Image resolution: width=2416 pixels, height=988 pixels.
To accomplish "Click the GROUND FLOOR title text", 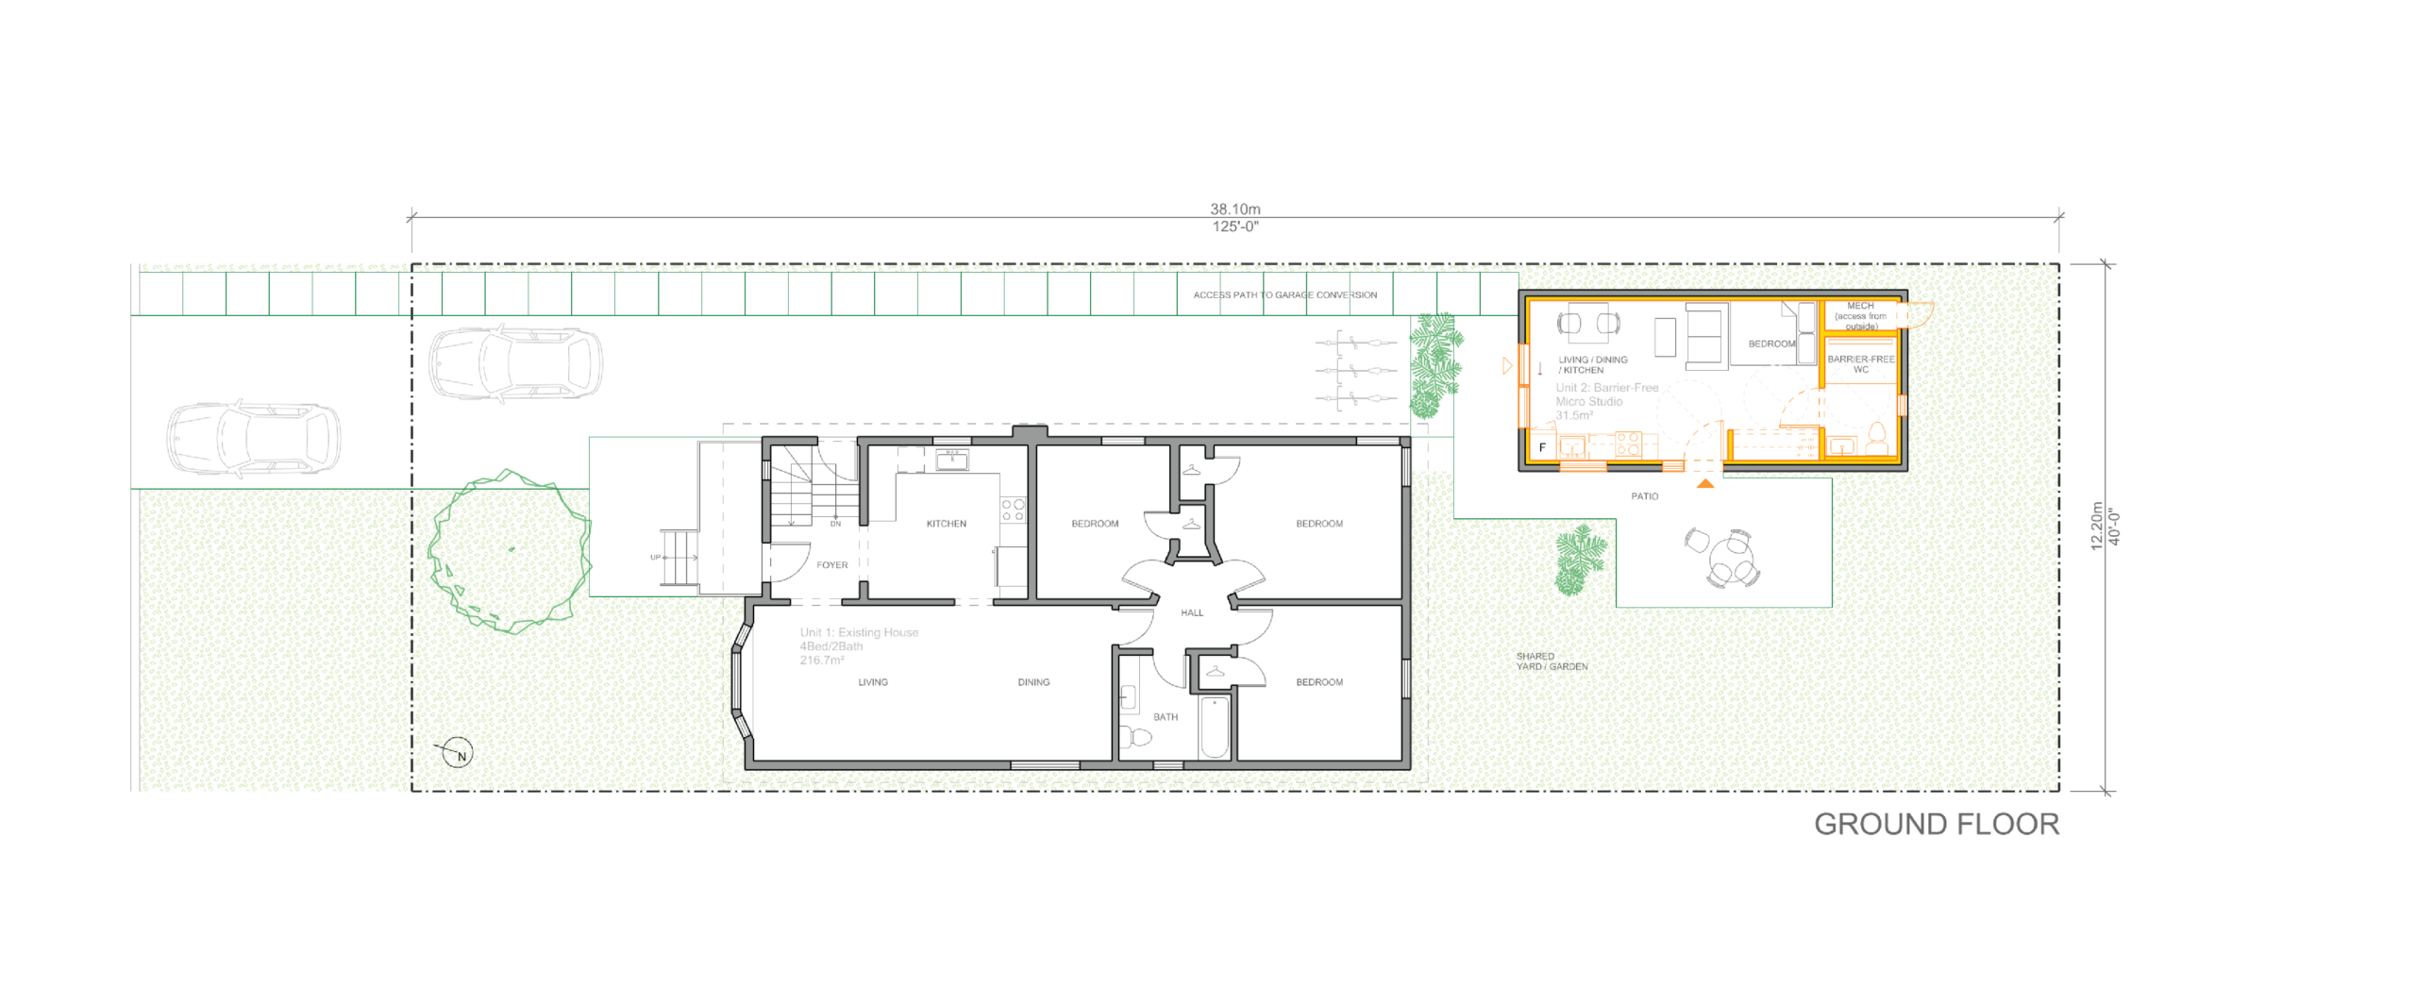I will (1936, 824).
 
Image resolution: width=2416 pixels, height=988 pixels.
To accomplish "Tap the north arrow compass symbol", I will (457, 752).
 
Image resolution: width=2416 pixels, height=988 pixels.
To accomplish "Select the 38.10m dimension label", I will (1234, 209).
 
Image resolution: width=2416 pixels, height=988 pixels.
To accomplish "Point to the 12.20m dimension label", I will (2096, 527).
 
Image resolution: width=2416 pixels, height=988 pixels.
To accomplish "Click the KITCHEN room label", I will (946, 524).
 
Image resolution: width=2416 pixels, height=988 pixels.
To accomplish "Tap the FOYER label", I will (831, 565).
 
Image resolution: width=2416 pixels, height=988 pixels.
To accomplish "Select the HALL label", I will (1192, 613).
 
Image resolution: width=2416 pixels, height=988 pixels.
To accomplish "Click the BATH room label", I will (1165, 717).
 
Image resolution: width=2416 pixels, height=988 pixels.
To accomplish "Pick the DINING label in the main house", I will (1033, 682).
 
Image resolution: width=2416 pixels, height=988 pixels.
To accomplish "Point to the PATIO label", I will (1644, 496).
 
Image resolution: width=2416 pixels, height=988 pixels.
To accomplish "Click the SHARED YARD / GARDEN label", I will (1551, 661).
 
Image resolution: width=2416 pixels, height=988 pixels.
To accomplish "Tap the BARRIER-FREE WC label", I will (1860, 364).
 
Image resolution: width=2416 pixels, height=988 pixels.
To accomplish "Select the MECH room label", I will (1860, 307).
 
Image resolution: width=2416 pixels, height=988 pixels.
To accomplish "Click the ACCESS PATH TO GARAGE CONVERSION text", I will (1284, 295).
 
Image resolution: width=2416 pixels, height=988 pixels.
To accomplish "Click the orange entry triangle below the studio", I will (1705, 484).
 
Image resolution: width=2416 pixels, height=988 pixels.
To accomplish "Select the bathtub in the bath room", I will (1215, 727).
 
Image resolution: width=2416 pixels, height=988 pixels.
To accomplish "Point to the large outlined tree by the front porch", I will (510, 552).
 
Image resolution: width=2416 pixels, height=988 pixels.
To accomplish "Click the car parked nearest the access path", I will (515, 363).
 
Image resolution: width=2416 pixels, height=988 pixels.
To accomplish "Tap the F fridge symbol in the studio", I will (1542, 447).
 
